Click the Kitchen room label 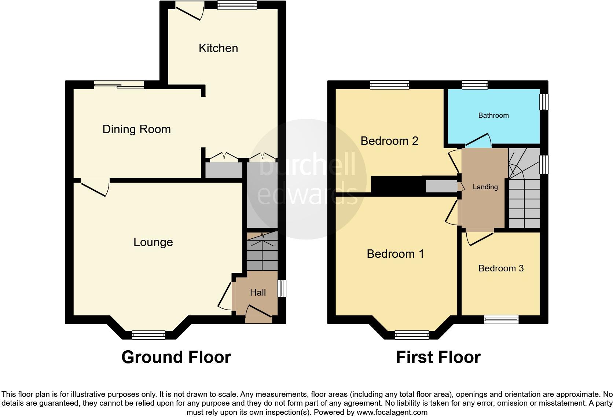point(218,48)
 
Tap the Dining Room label point(136,129)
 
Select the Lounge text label point(153,242)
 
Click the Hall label point(258,292)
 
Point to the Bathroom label point(493,116)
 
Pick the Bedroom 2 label point(389,141)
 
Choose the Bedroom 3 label point(501,268)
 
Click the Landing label point(485,187)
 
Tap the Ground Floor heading point(176,357)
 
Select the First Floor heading point(438,357)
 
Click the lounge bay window point(148,334)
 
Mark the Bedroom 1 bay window point(411,334)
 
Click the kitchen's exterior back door point(190,10)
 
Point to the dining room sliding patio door point(119,85)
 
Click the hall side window point(281,288)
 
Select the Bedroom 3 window point(501,319)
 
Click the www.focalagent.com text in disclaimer point(392,412)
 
